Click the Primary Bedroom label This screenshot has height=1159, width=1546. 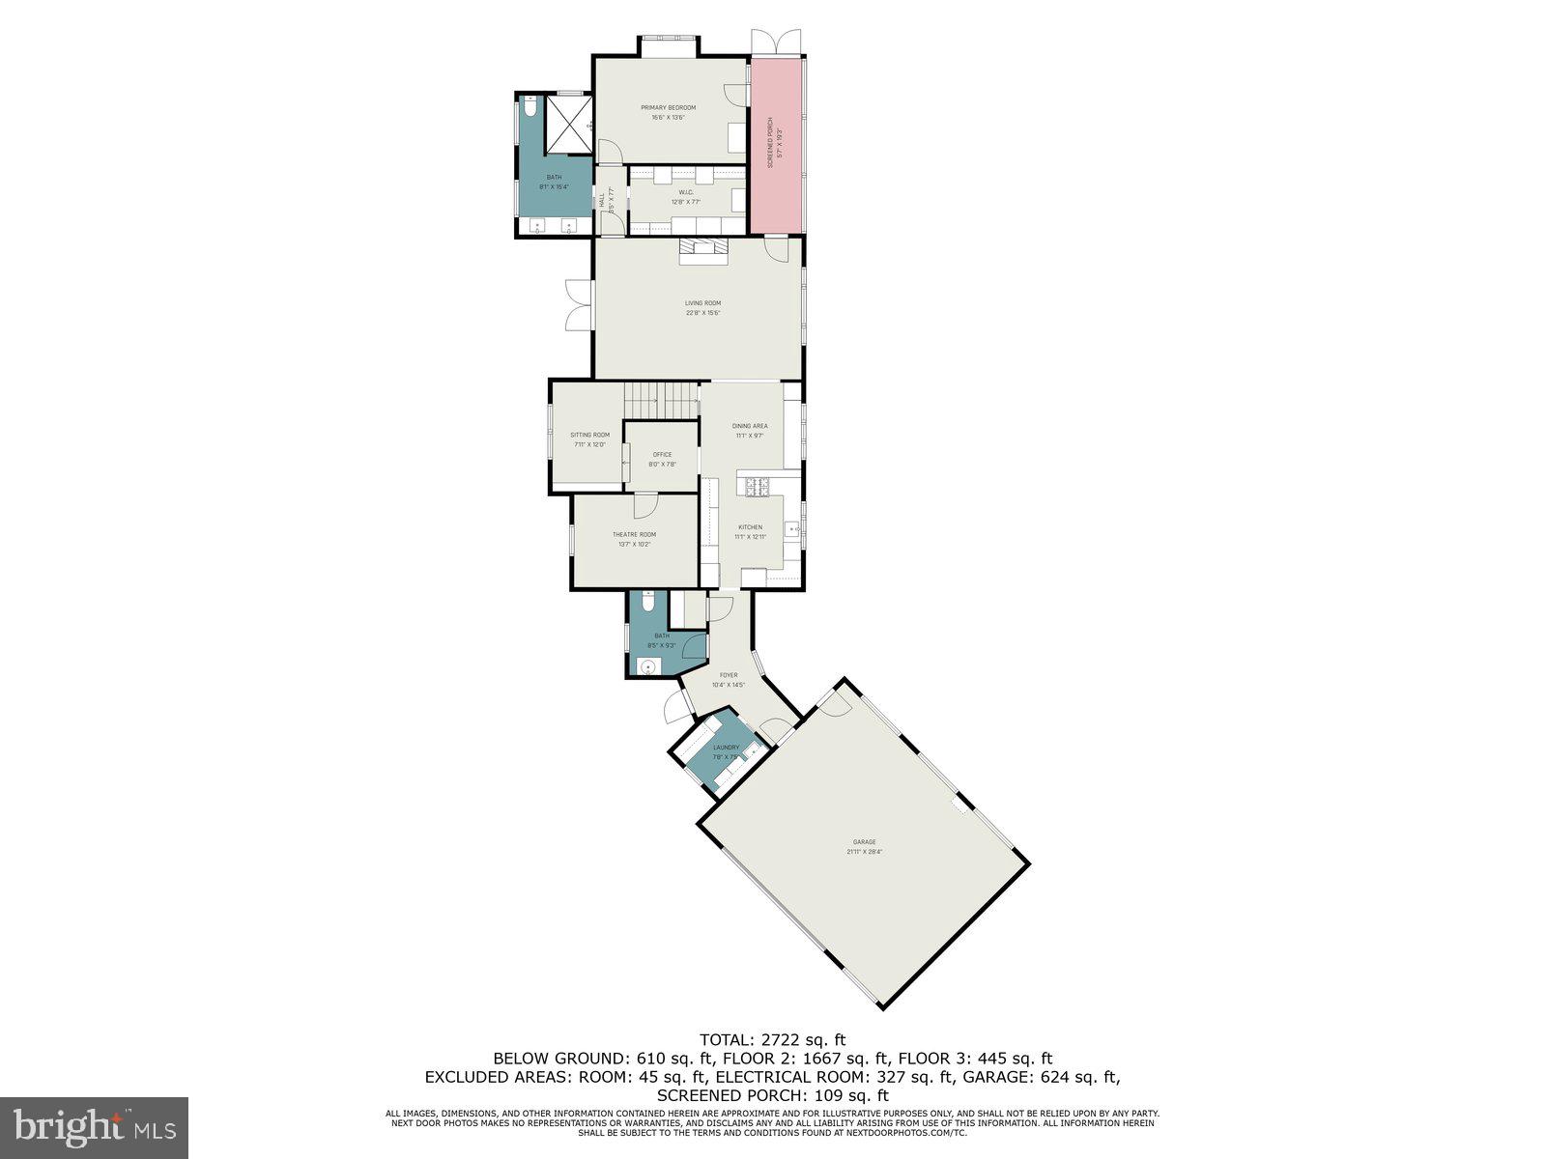coord(668,108)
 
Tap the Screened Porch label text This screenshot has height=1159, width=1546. coord(770,144)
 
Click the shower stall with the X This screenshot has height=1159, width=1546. coord(568,125)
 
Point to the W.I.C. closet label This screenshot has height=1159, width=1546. coord(686,192)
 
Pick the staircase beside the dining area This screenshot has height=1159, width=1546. coord(660,394)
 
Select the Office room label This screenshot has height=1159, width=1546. coord(662,455)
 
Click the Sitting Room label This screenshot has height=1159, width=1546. coord(589,435)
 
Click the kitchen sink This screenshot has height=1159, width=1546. coord(792,528)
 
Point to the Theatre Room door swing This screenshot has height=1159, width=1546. coord(645,505)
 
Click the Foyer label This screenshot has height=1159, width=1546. coord(729,675)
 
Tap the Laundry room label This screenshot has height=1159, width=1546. coord(726,748)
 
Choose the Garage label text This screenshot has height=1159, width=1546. coord(864,842)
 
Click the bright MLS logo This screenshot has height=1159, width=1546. coord(94,1126)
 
